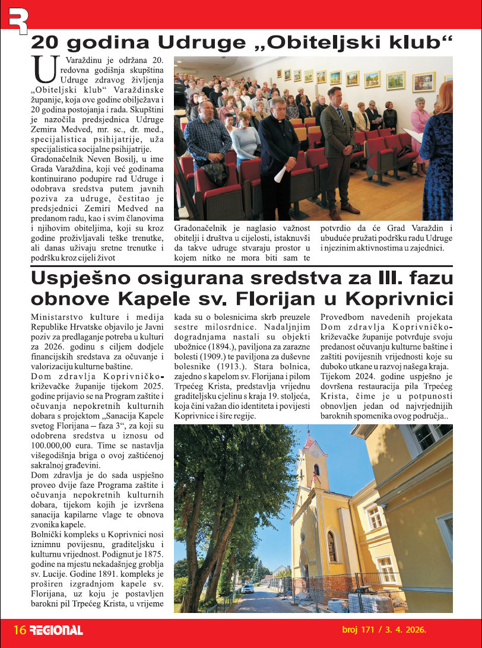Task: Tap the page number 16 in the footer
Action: click(x=20, y=630)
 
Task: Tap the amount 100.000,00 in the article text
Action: click(x=55, y=444)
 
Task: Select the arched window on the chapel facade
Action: click(x=332, y=546)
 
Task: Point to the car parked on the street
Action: click(x=248, y=588)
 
